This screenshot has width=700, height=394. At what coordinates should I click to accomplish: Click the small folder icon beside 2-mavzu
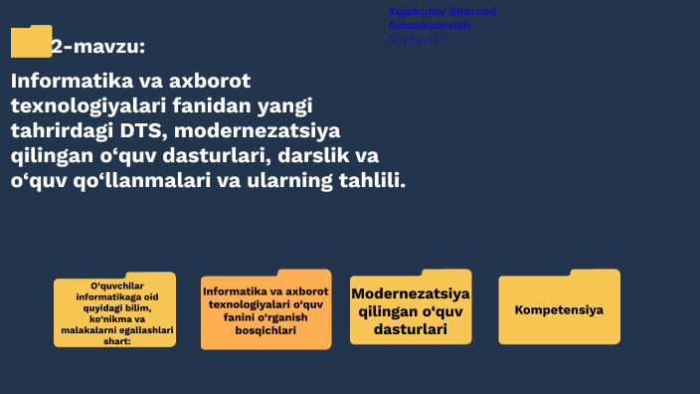click(x=30, y=42)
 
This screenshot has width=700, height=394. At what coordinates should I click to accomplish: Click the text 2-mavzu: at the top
click(x=97, y=46)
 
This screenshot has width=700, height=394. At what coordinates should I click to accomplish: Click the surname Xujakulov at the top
click(x=418, y=11)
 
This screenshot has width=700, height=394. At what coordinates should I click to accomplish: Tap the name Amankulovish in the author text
click(x=430, y=25)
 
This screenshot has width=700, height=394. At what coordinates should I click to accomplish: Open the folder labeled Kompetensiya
click(x=559, y=308)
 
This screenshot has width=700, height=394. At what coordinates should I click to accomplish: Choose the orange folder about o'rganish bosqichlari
click(x=265, y=311)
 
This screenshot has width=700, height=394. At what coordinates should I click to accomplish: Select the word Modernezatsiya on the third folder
click(x=411, y=295)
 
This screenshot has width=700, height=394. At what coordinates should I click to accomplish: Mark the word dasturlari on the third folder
click(x=411, y=329)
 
